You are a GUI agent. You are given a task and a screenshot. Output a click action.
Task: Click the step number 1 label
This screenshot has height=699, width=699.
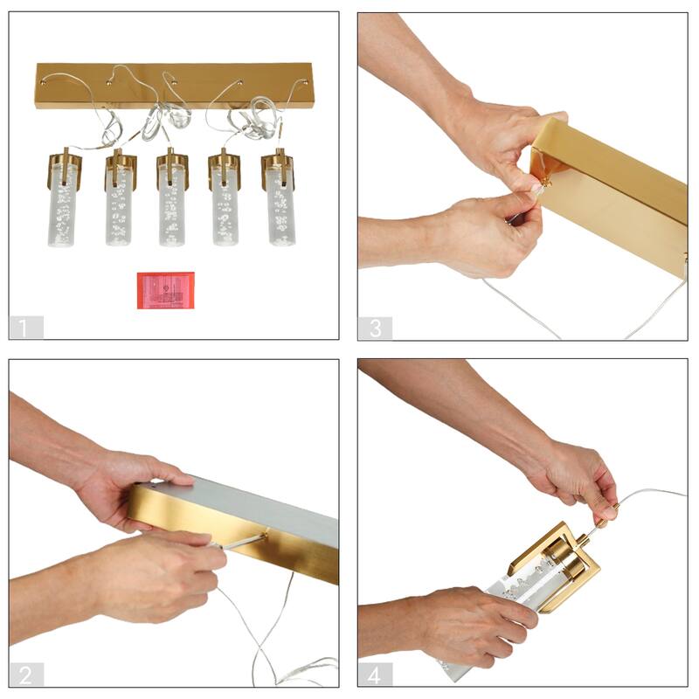(x=26, y=328)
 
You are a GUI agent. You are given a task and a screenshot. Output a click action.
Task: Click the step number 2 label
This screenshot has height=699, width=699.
(x=26, y=675)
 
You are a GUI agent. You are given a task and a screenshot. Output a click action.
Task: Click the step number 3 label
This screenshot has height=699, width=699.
(x=375, y=328)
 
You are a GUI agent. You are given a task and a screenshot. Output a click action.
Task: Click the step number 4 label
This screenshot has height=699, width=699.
(x=375, y=675)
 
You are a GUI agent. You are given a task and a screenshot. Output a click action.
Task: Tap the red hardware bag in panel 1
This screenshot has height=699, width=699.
(x=165, y=290)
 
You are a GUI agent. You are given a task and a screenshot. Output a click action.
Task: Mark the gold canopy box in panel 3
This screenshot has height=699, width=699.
(x=612, y=188)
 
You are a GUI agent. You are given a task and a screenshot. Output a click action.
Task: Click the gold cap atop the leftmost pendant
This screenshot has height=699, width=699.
(x=64, y=166)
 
